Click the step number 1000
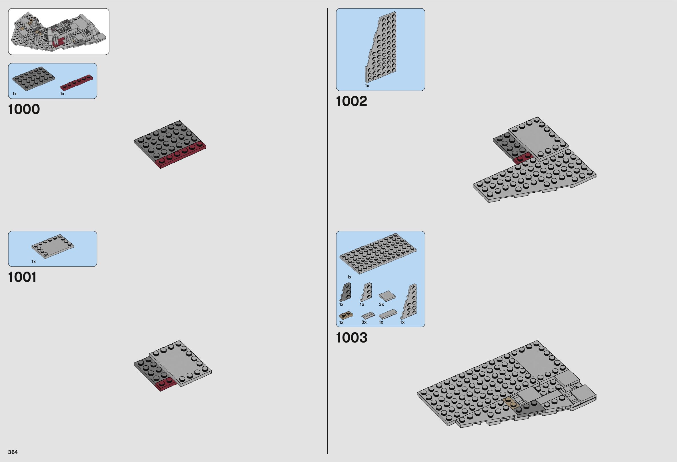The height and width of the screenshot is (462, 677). (24, 109)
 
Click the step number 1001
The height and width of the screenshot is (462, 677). (23, 277)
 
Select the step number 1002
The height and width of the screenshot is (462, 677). (351, 101)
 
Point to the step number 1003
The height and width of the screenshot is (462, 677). (351, 338)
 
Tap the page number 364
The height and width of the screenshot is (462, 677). (13, 452)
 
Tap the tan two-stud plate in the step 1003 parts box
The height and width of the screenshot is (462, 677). (345, 315)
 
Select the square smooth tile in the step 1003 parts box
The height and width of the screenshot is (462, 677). (387, 296)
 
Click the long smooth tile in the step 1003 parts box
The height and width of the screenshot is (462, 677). (388, 314)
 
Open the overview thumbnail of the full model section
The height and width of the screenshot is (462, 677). (59, 31)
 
